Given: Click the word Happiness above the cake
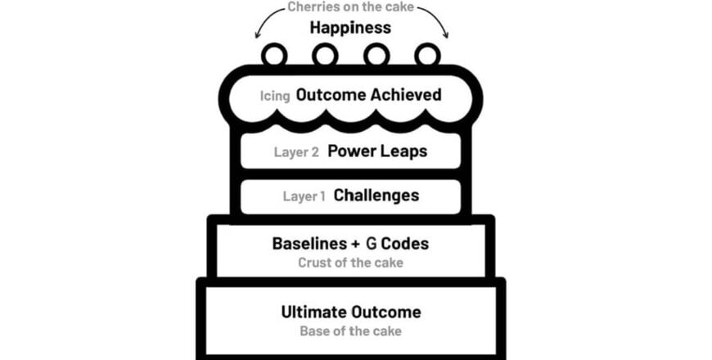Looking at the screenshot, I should click(350, 28).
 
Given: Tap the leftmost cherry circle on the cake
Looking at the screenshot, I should click(273, 55).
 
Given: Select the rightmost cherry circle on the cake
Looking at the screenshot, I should click(426, 55).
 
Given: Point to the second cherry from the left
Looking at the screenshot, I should click(325, 55).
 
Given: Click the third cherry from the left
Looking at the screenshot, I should click(376, 55).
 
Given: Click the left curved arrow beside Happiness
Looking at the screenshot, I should click(266, 22).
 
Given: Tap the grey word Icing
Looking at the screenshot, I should click(275, 96).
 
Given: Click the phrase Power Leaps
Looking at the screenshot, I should click(376, 151).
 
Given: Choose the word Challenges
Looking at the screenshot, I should click(376, 196).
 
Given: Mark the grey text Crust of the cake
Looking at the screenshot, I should click(350, 263).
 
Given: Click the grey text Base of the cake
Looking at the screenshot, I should click(350, 331).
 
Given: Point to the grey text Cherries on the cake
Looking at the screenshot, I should click(350, 7).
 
